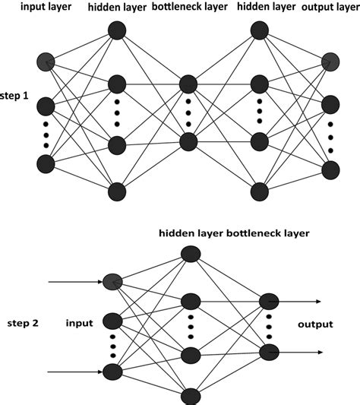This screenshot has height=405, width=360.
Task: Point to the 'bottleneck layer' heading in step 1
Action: pyautogui.click(x=188, y=8)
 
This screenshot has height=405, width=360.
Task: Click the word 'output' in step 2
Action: pyautogui.click(x=314, y=324)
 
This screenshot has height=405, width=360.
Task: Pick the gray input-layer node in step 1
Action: pyautogui.click(x=46, y=61)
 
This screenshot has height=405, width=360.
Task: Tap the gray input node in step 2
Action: pyautogui.click(x=112, y=282)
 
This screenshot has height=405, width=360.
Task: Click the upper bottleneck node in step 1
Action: pyautogui.click(x=188, y=82)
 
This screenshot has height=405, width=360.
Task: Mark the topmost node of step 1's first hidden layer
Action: pyautogui.click(x=116, y=30)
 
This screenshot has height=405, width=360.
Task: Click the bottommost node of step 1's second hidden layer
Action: pyautogui.click(x=259, y=191)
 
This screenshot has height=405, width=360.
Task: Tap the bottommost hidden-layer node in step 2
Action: pyautogui.click(x=190, y=394)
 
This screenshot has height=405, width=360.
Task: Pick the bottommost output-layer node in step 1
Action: pyautogui.click(x=330, y=168)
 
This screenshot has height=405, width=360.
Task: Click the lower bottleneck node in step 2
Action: pyautogui.click(x=268, y=351)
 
